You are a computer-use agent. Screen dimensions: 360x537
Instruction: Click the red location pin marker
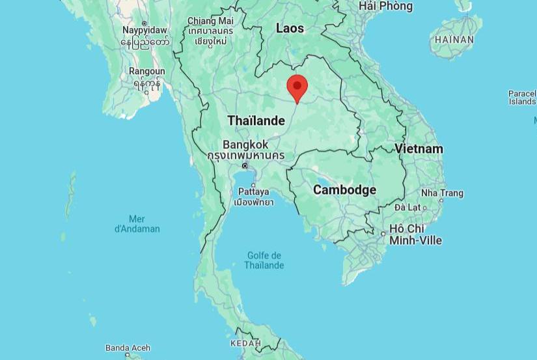(297, 87)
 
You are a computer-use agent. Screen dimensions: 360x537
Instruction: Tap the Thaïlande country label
(256, 120)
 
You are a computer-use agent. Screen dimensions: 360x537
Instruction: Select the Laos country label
(290, 28)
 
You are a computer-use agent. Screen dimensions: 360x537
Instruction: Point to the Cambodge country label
(344, 189)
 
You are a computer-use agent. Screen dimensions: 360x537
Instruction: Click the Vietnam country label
(419, 148)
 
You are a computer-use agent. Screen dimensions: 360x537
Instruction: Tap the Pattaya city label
(253, 191)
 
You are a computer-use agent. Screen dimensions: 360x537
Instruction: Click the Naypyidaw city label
(145, 30)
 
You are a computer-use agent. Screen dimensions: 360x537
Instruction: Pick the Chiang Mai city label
(210, 21)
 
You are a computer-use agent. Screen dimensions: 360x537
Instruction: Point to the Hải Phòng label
(385, 6)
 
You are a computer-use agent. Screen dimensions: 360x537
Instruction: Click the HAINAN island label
(454, 39)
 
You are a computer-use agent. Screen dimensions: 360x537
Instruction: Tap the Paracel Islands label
(522, 98)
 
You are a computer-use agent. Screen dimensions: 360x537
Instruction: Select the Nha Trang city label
(442, 193)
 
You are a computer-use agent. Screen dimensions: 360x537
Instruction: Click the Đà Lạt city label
(408, 207)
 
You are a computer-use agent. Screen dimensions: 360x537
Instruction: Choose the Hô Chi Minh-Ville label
(415, 234)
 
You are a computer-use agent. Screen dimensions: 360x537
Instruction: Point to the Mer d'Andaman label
(137, 223)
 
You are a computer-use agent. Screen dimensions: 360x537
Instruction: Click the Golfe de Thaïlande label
(264, 260)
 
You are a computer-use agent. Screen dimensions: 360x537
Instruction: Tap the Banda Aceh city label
(128, 348)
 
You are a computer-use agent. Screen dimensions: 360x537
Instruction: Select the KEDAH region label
(245, 343)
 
